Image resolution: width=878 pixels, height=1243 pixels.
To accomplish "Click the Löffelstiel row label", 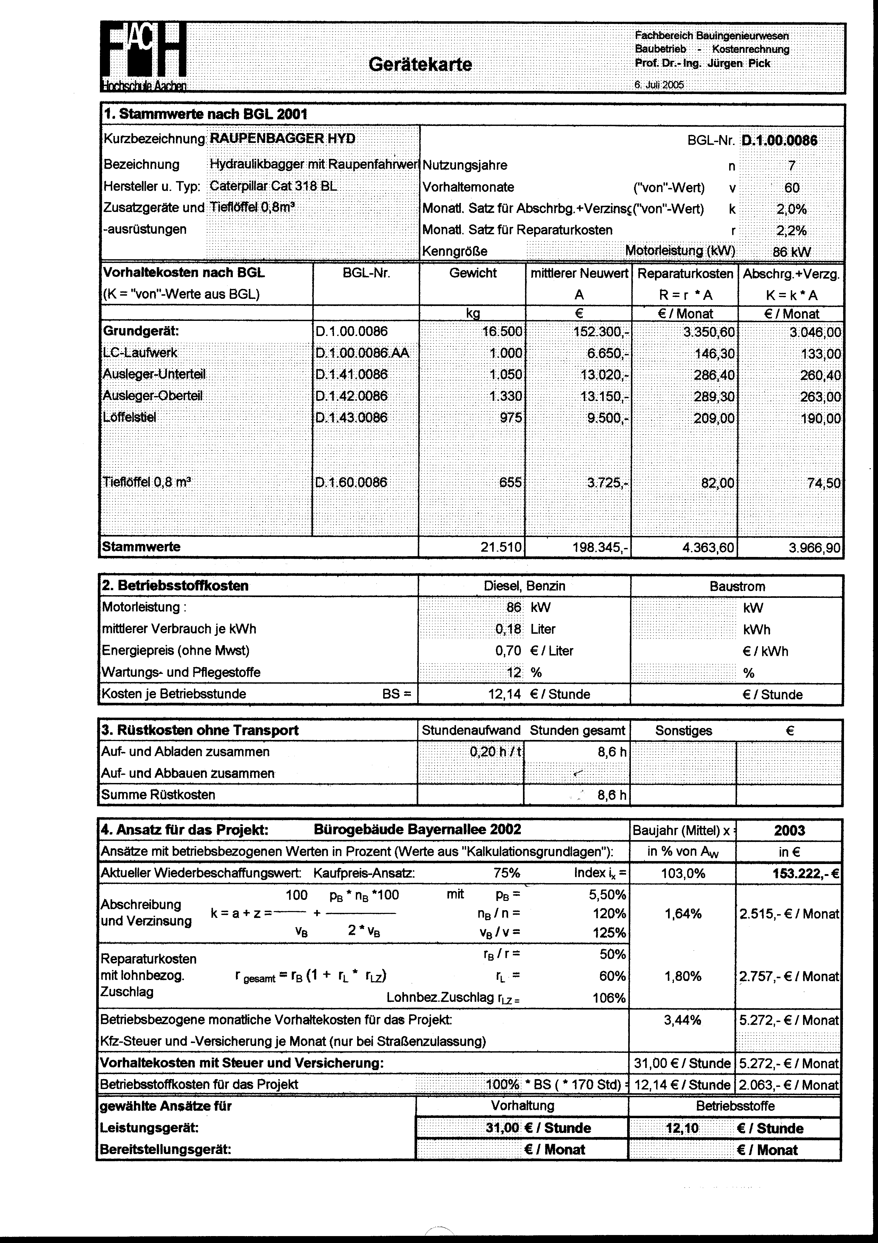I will coord(129,418).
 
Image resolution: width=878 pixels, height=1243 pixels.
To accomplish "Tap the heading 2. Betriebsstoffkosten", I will coord(175,586).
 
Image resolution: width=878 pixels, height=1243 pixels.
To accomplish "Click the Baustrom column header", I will coord(737,586).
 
